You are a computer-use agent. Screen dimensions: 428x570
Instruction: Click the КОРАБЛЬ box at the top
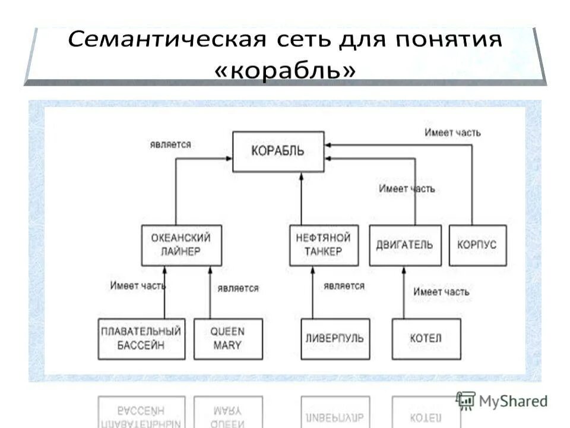278,152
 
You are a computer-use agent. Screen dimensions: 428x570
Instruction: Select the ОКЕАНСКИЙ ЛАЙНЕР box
181,245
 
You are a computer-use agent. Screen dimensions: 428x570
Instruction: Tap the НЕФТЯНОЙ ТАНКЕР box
324,245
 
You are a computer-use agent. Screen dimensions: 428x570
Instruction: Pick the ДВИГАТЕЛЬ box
404,245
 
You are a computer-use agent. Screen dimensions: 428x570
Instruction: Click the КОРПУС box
477,245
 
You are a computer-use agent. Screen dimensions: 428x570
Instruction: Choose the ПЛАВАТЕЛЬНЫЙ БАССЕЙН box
141,339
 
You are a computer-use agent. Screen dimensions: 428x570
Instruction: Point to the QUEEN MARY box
227,339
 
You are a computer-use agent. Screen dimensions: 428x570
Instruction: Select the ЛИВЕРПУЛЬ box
334,339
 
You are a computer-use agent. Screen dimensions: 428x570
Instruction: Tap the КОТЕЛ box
426,339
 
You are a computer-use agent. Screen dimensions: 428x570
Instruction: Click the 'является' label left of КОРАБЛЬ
170,144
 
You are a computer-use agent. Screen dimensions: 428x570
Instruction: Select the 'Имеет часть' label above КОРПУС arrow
452,133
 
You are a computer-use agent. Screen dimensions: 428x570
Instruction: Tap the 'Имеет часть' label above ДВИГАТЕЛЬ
407,189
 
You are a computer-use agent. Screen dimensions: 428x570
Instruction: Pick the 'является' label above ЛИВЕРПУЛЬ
344,286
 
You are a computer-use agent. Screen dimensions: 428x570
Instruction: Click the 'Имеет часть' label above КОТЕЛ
441,292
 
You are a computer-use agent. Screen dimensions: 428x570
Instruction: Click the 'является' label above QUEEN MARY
238,288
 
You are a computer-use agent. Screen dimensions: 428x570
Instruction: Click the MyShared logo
502,401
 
